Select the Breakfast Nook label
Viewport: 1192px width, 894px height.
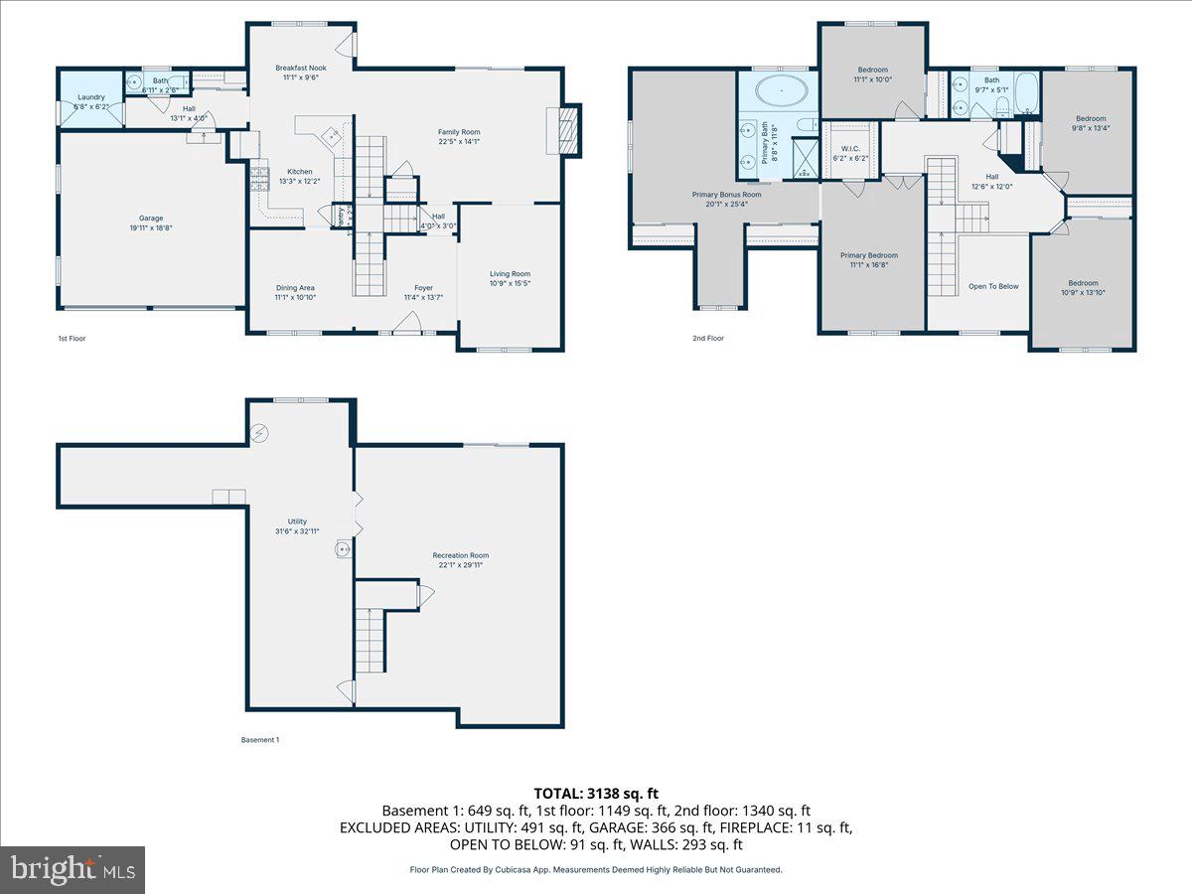(x=300, y=68)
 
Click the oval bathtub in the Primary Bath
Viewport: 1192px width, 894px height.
(x=781, y=92)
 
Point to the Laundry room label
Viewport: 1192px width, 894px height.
(x=91, y=97)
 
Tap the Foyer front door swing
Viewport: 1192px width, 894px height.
(x=407, y=322)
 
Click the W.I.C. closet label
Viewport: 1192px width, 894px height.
(x=850, y=148)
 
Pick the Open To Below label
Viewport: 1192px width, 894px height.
(x=993, y=286)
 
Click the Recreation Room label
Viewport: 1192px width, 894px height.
(x=460, y=555)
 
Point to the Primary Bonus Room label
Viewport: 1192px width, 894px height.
(x=726, y=195)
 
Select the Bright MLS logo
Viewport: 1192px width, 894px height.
(x=73, y=869)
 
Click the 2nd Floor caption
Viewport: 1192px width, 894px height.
(x=708, y=338)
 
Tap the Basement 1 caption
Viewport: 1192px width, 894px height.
(x=260, y=739)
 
